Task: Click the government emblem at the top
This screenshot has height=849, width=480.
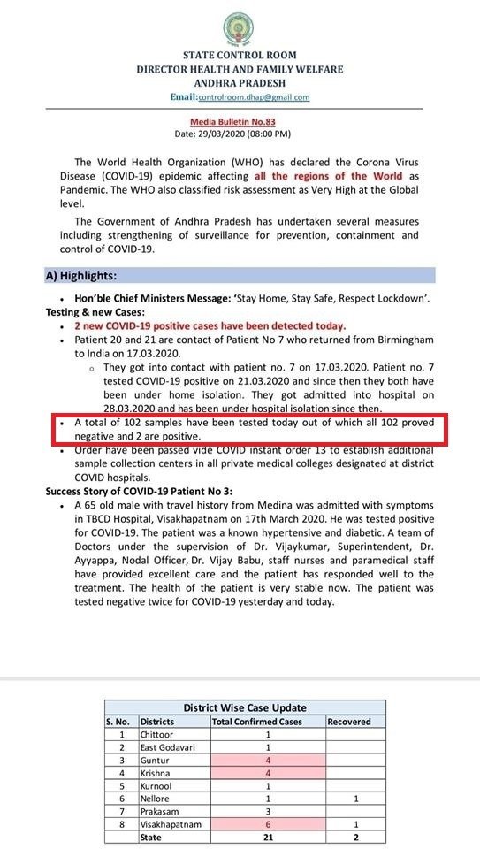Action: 240,27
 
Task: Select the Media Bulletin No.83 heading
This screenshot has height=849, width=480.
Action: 240,121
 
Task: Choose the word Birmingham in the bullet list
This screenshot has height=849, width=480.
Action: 396,340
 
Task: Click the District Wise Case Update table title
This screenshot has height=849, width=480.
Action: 245,707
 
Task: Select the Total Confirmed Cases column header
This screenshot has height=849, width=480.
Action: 256,722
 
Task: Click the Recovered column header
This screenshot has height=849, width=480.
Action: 349,722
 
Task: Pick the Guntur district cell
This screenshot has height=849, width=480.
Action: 155,759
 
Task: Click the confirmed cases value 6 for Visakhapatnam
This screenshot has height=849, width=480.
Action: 267,822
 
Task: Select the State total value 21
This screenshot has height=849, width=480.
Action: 267,836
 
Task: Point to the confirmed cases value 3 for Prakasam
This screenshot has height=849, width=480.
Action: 267,810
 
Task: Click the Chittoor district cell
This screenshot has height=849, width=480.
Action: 156,734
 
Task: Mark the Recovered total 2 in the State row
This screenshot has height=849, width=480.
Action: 354,836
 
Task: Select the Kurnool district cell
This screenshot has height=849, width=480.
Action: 156,784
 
